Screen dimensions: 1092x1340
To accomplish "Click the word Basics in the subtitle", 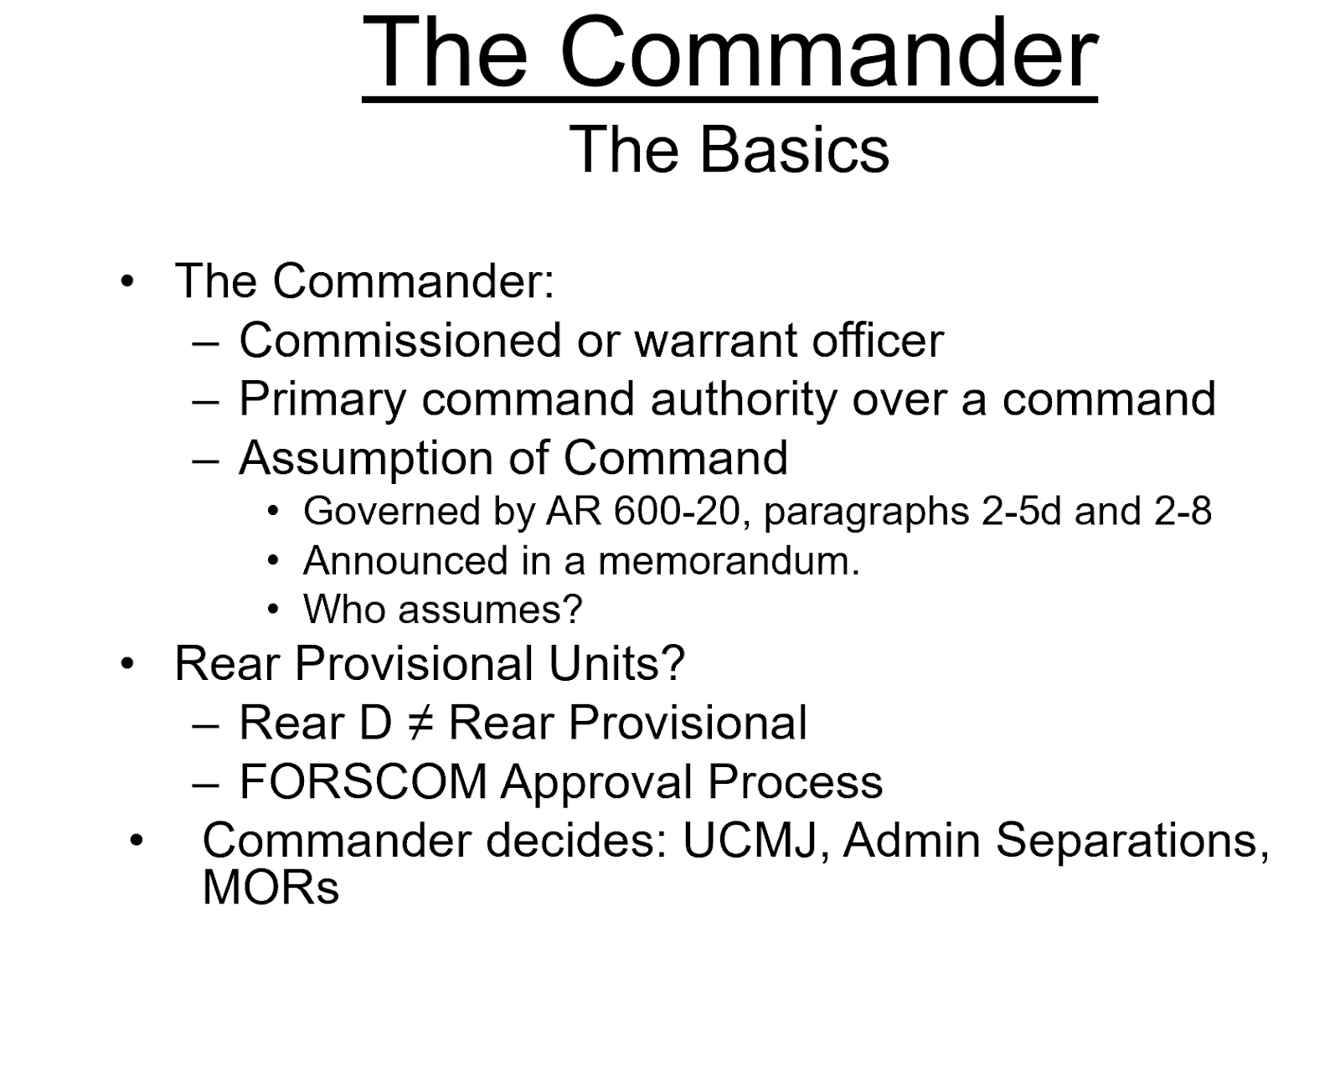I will click(x=794, y=151).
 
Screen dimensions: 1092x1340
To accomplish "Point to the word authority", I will click(x=744, y=399).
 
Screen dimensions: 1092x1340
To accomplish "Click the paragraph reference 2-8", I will click(x=1183, y=512).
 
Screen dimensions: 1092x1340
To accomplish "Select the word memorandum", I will click(x=729, y=561).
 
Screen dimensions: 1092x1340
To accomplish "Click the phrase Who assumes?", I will click(x=442, y=610).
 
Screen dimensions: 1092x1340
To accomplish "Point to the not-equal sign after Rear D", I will click(x=420, y=724).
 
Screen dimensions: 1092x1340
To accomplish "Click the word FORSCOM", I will click(x=363, y=782).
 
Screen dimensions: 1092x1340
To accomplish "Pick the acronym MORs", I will click(x=271, y=889).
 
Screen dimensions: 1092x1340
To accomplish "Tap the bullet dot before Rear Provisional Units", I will click(x=127, y=665).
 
